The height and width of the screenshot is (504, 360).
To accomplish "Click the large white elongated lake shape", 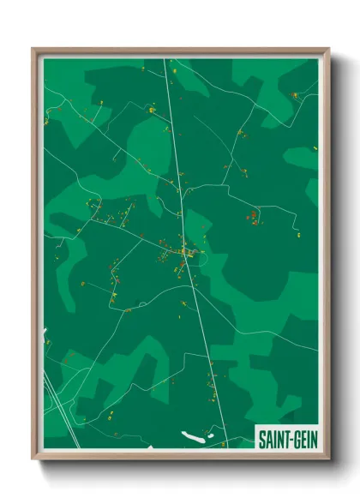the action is click(195, 436).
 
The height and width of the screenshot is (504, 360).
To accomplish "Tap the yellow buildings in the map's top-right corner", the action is click(296, 94).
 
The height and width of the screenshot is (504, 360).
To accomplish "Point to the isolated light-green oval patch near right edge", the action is click(302, 158).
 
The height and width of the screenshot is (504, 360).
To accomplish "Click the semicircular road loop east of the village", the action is click(201, 256).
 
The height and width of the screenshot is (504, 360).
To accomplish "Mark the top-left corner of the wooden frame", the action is click(34, 50).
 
